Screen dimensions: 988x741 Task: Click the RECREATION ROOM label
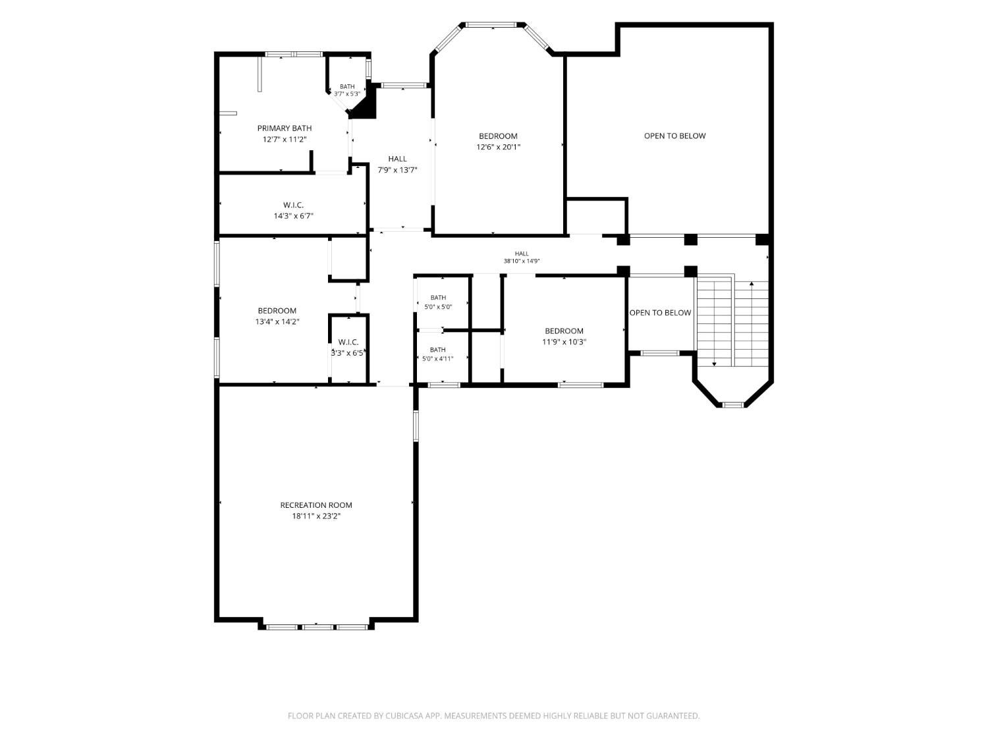coord(316,505)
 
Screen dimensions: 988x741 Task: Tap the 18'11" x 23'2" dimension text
coord(316,516)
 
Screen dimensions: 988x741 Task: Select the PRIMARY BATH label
coord(285,128)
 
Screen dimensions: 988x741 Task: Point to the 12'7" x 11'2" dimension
coord(285,140)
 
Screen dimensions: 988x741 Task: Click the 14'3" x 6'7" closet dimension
coord(294,216)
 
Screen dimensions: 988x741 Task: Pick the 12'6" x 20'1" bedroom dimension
coord(498,147)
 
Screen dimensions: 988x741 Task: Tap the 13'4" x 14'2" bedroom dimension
coord(277,321)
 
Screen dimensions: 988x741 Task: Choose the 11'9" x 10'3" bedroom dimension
coord(564,342)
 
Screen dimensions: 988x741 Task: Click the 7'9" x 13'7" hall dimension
coord(397,170)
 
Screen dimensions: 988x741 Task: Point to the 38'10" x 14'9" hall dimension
coord(522,261)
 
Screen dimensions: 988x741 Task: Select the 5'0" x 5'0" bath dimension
coord(438,307)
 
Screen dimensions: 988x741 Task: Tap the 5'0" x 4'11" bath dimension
coord(437,359)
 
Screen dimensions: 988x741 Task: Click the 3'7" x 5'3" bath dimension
coord(347,94)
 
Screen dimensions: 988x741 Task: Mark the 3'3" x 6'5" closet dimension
coord(348,354)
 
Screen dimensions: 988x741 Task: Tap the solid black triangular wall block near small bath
coord(364,106)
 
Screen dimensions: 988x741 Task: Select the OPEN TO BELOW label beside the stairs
coord(660,313)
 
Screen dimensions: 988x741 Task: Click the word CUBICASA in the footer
coord(404,716)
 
